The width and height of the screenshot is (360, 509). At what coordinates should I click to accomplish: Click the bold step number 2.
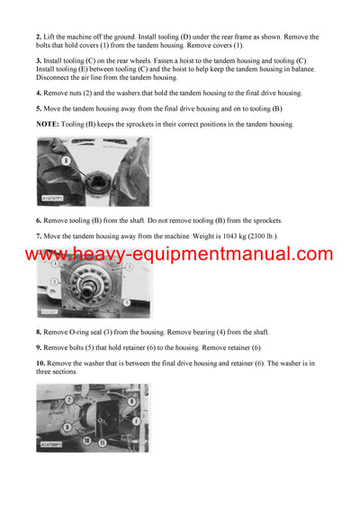40,37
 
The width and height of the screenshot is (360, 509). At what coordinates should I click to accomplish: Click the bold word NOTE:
49,124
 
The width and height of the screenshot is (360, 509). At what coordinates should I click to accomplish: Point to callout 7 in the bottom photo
67,398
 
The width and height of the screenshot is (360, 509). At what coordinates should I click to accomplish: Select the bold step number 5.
40,108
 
